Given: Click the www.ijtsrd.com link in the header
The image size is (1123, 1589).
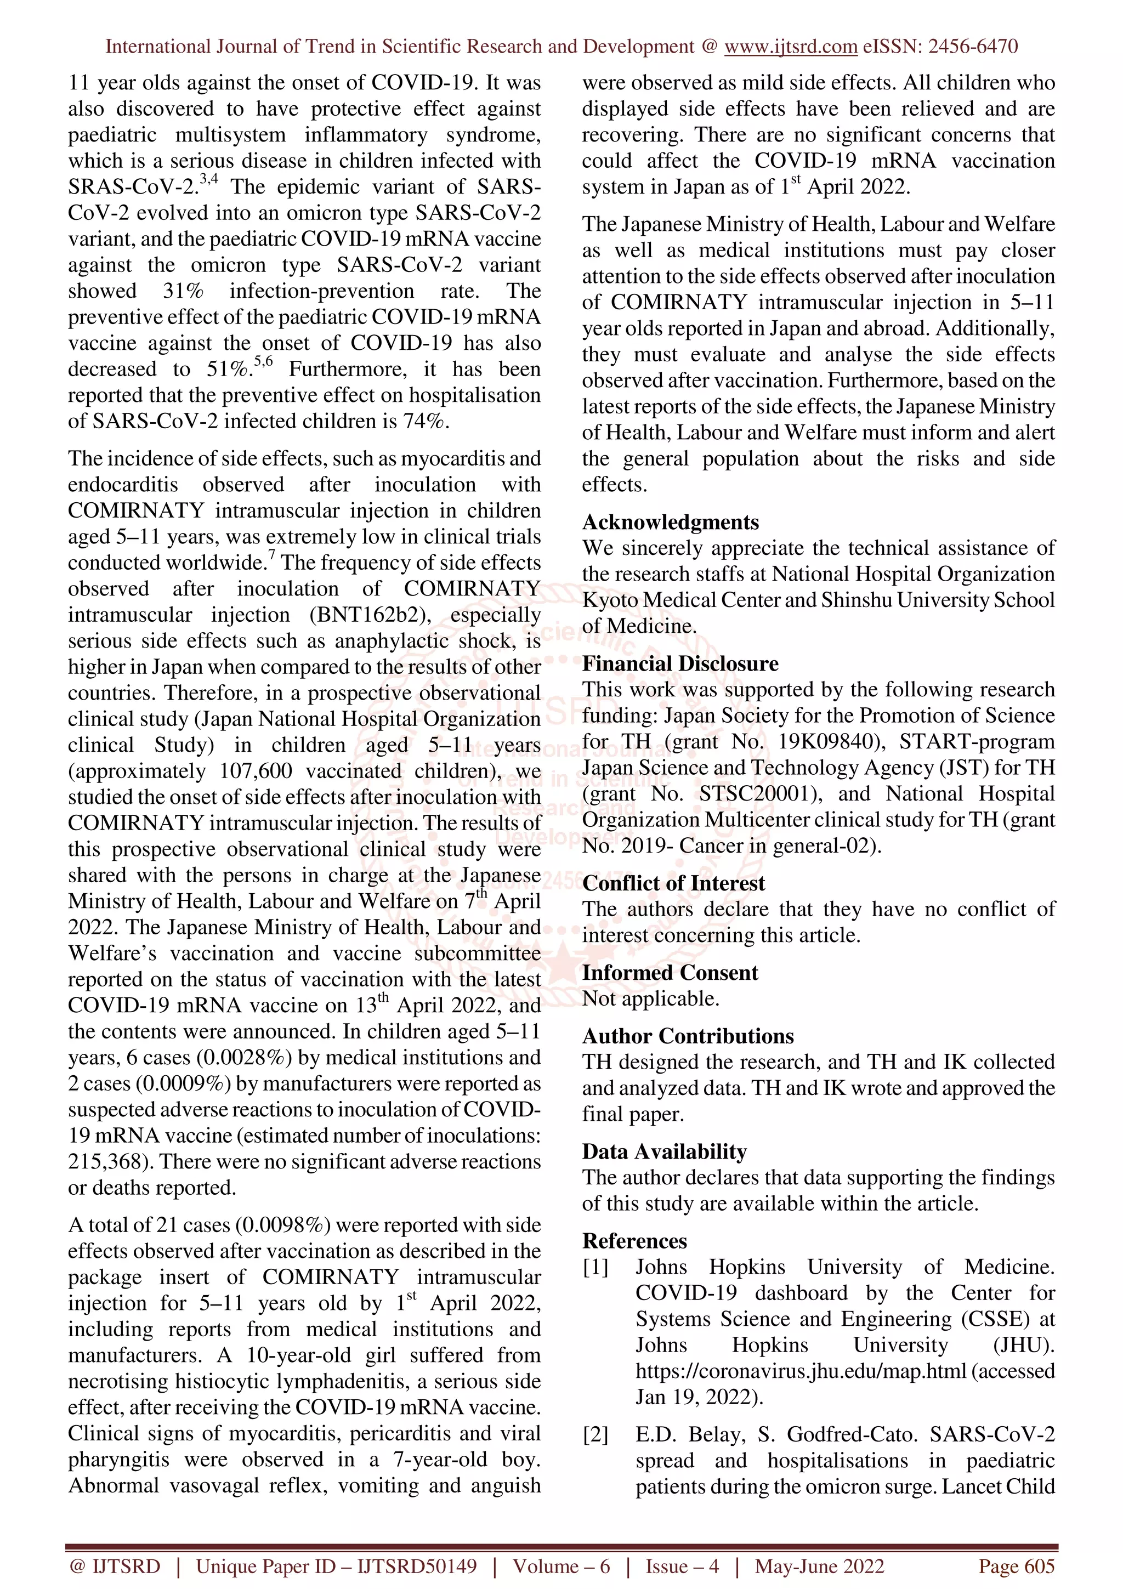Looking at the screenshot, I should pyautogui.click(x=790, y=47).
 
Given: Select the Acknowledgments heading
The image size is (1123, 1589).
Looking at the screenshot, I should pyautogui.click(x=670, y=522).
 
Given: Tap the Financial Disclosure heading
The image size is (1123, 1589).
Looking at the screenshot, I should pyautogui.click(x=679, y=663).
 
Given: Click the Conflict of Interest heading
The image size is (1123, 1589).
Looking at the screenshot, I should pyautogui.click(x=673, y=883).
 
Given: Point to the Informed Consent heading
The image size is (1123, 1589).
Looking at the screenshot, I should pyautogui.click(x=670, y=972).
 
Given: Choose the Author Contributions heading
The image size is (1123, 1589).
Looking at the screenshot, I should pyautogui.click(x=688, y=1036).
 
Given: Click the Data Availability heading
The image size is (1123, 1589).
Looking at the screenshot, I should pyautogui.click(x=664, y=1151).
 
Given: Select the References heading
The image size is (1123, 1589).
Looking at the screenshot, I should pyautogui.click(x=634, y=1241).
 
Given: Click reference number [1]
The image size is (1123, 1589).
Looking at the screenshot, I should pyautogui.click(x=595, y=1267).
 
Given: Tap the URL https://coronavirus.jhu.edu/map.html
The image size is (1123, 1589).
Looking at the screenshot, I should pyautogui.click(x=801, y=1371).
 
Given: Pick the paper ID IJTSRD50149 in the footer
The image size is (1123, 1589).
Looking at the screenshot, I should pyautogui.click(x=416, y=1566).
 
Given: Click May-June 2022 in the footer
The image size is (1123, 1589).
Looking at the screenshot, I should pyautogui.click(x=819, y=1566).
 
